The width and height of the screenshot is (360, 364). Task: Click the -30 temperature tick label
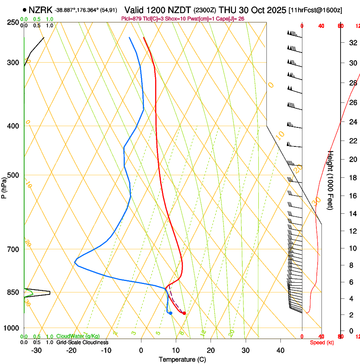coord(36,350)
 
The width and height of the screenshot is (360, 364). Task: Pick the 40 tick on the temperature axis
coord(280,350)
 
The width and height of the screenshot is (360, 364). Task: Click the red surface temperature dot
coord(184,313)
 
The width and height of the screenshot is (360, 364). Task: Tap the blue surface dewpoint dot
coord(170,313)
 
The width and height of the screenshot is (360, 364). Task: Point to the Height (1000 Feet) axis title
coord(331,180)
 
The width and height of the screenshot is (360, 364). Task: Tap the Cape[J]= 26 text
coord(230,19)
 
